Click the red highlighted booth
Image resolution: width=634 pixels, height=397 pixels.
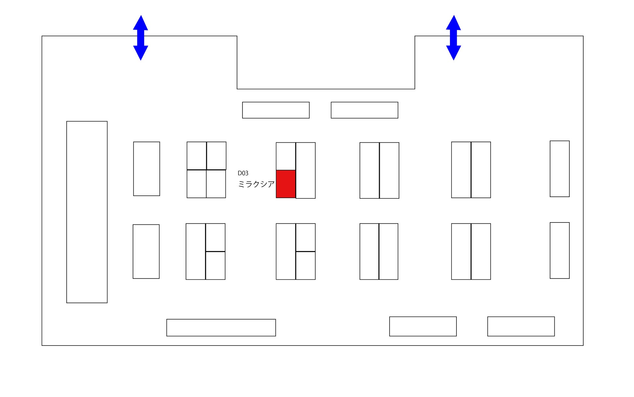(286, 184)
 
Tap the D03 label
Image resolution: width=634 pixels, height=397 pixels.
(243, 173)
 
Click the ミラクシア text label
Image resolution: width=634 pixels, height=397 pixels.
(256, 184)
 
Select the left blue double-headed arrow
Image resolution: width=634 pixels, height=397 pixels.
(140, 38)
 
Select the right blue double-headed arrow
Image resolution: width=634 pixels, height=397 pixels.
(454, 38)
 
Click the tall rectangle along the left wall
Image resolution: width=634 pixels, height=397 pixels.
(87, 212)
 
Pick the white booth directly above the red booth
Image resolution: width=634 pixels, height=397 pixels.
(286, 156)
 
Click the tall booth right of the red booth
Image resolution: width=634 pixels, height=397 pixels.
(306, 170)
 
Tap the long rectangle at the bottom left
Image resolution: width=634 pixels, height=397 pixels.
(221, 328)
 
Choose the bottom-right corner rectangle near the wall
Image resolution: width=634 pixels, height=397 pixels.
(521, 326)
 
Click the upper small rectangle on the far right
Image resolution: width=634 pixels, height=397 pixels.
(560, 169)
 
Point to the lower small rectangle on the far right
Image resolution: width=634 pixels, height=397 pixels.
(560, 250)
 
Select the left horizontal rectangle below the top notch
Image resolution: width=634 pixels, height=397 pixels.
(276, 110)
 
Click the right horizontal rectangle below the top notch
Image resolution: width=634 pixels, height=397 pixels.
(364, 110)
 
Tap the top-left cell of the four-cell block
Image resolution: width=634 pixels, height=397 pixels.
(197, 156)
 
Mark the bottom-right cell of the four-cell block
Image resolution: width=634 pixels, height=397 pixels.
(216, 184)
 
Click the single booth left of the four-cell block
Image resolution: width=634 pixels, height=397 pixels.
(147, 169)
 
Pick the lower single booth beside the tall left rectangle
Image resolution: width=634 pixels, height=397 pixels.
(146, 251)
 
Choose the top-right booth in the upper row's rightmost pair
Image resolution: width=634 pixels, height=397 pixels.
(481, 170)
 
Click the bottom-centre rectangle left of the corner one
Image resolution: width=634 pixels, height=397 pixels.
(423, 326)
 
